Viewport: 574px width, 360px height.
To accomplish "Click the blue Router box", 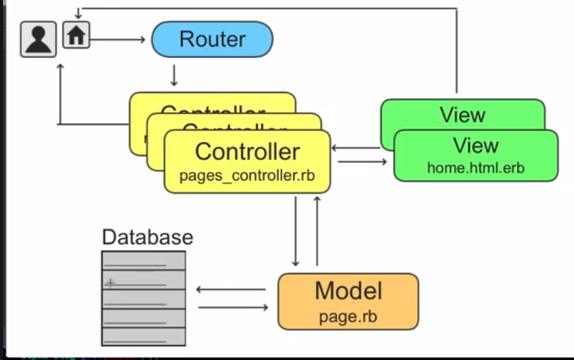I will (212, 39).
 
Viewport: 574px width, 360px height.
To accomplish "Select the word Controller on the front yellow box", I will (247, 152).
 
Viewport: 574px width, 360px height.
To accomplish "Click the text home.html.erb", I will (475, 168).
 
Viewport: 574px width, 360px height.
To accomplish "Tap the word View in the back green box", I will (462, 115).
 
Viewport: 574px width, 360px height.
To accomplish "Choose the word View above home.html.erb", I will (475, 145).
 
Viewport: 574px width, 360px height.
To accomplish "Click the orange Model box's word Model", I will (348, 291).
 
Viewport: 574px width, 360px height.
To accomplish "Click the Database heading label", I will (147, 237).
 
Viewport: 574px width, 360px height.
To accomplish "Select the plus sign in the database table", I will (111, 283).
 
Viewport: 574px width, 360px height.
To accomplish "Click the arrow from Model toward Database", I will (231, 289).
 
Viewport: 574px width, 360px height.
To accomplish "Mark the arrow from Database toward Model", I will (232, 307).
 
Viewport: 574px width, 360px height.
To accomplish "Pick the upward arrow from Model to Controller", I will (317, 230).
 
